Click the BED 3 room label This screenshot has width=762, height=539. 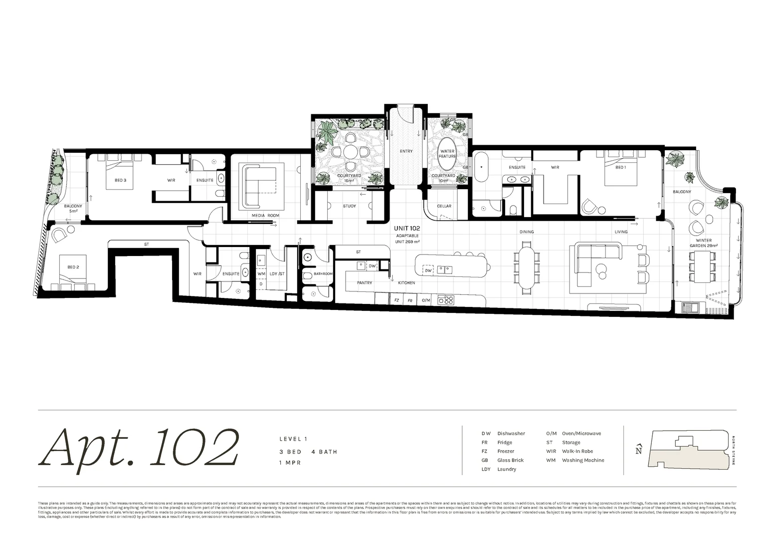coord(120,180)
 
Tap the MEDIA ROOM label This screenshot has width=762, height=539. coord(265,216)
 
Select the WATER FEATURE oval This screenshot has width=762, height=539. coord(447,154)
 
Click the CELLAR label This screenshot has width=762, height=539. coord(444,206)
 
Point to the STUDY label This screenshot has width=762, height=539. coord(349,206)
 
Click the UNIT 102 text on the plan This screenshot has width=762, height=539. coord(407,228)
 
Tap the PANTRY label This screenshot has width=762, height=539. coord(365,283)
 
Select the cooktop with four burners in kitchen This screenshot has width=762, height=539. coord(445,300)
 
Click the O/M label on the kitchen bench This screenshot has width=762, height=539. coord(426,300)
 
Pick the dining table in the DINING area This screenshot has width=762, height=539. coord(527,266)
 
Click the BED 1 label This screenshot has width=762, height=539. coord(620,168)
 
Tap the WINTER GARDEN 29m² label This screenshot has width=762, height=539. coord(703,243)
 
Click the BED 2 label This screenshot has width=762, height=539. coord(73,268)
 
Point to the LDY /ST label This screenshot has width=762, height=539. coord(277,273)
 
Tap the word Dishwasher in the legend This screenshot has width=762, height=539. coord(511,434)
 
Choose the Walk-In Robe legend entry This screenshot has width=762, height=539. coord(577,452)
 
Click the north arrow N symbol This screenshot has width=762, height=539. coord(638,450)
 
